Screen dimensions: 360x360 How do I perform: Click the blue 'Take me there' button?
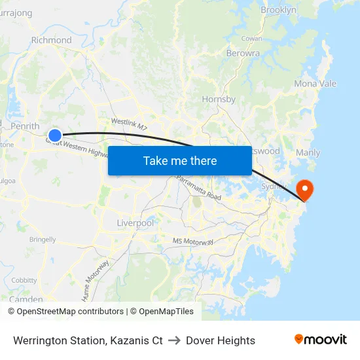(179, 160)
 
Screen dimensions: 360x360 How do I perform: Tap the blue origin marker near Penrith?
(55, 136)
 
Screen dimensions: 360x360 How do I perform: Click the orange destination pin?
(305, 190)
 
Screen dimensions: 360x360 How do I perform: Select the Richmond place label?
(51, 40)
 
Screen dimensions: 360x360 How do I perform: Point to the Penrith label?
(25, 126)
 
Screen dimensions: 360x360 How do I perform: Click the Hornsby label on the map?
(219, 99)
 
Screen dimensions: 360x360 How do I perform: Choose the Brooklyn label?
(278, 10)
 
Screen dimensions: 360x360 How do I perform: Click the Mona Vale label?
(315, 84)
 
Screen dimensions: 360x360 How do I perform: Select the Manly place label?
(308, 153)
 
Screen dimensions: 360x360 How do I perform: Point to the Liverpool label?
(135, 223)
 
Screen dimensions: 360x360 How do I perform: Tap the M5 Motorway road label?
(193, 242)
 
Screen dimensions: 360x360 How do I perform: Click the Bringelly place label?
(43, 240)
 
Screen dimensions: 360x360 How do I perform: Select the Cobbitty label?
(24, 280)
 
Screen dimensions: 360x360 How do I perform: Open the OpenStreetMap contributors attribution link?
(70, 312)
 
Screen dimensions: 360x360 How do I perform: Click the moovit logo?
(321, 340)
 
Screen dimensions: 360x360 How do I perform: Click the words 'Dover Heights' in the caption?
(221, 340)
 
